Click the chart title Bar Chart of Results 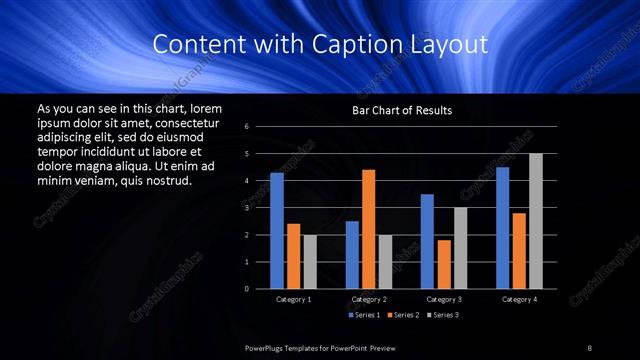coord(402,110)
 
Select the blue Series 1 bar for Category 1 coord(277,231)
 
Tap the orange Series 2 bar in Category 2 coord(369,229)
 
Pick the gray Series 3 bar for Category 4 coord(535,221)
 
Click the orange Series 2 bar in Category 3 coord(444,264)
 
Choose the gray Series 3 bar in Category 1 coord(310,262)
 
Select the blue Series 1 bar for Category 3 coord(427,241)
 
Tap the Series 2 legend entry coord(402,315)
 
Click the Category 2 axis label coord(369,299)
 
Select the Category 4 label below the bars coord(519,299)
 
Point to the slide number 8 coord(589,347)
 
